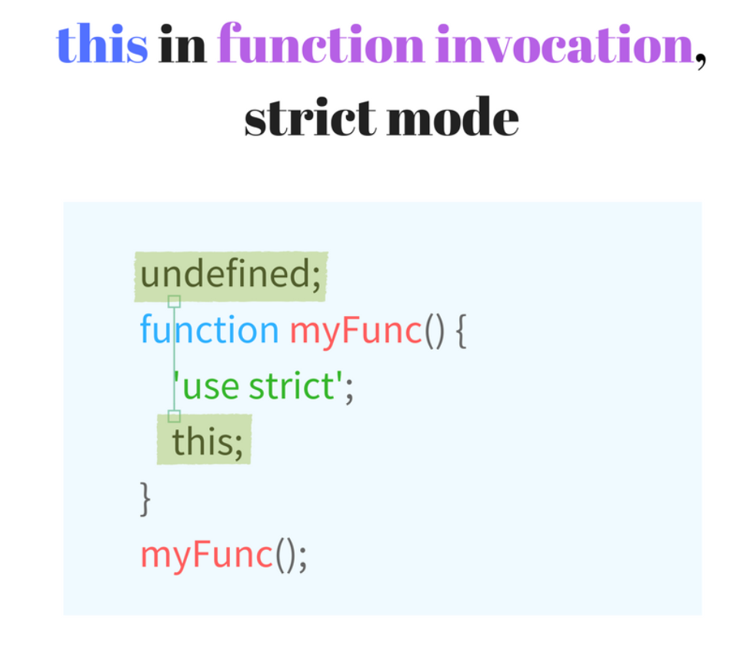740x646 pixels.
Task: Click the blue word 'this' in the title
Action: pyautogui.click(x=102, y=45)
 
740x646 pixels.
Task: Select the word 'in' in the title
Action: pyautogui.click(x=182, y=45)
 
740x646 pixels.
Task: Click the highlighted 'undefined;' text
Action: pyautogui.click(x=230, y=275)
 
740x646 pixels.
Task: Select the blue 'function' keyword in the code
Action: pyautogui.click(x=208, y=330)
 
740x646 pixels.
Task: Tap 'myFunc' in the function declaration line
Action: pyautogui.click(x=356, y=330)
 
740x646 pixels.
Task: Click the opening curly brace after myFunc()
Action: pyautogui.click(x=460, y=331)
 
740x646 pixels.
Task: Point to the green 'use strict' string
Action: pyautogui.click(x=258, y=385)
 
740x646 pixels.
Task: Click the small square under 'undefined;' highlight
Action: pyautogui.click(x=175, y=301)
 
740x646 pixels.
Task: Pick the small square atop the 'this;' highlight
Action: pyautogui.click(x=175, y=416)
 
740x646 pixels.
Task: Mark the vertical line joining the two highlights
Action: pyautogui.click(x=175, y=358)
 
